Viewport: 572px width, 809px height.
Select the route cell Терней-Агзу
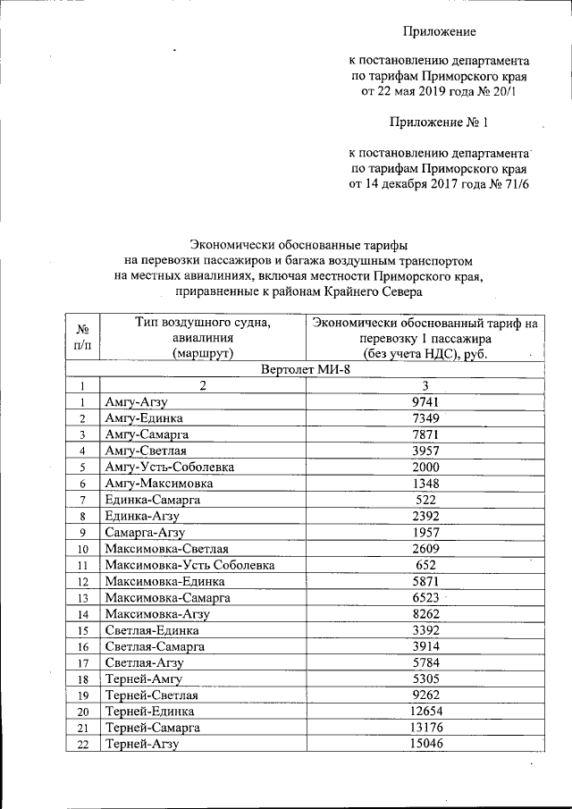142,744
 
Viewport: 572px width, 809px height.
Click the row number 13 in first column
82,597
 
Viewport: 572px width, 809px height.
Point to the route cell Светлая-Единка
146,630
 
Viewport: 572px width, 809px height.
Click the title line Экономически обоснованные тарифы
304,243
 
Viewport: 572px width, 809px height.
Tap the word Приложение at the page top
438,32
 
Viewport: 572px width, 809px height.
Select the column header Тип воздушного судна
202,322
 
